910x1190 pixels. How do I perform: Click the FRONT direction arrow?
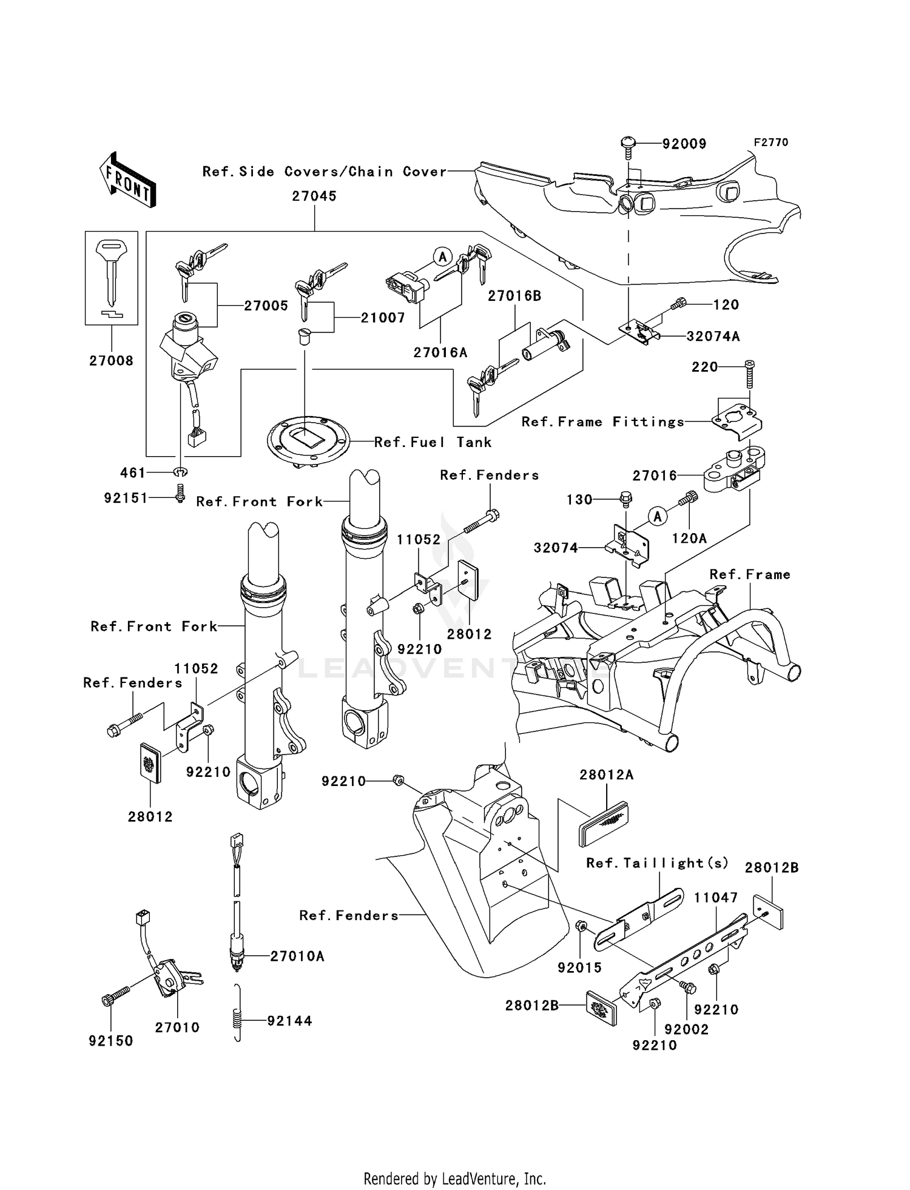click(128, 180)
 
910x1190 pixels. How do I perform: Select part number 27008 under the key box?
click(111, 361)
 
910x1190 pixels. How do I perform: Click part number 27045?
click(314, 197)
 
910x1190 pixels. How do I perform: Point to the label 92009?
click(684, 144)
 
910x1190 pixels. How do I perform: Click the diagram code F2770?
click(770, 143)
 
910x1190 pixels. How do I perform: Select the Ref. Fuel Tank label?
click(433, 442)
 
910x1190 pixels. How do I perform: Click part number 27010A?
click(297, 956)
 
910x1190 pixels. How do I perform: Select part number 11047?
click(716, 898)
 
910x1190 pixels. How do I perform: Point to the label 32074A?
click(713, 337)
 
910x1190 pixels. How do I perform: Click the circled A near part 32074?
click(657, 517)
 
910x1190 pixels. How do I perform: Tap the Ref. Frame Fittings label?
click(603, 422)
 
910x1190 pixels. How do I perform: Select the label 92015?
click(580, 968)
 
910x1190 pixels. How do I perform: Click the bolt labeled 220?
click(750, 374)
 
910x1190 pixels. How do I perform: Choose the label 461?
click(133, 472)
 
